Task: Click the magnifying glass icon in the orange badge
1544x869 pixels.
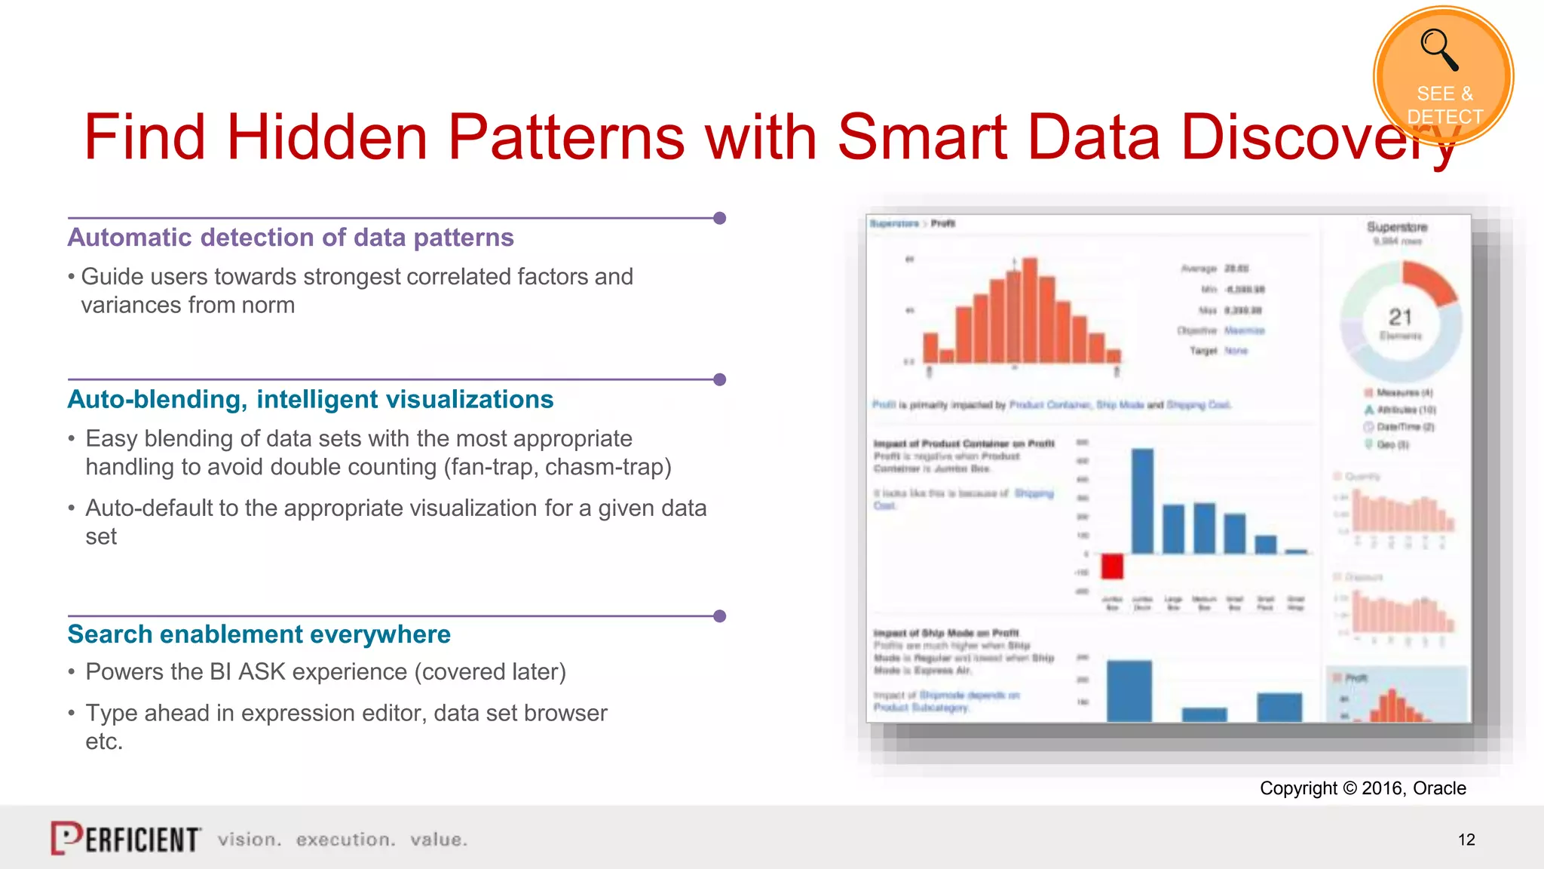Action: pos(1438,50)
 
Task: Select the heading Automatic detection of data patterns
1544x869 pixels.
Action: pos(290,238)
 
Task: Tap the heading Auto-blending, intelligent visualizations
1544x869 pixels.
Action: pos(310,399)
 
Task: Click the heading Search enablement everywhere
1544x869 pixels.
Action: pos(259,634)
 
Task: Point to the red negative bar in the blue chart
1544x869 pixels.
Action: pos(1112,566)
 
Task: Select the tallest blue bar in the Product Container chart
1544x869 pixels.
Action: pos(1142,501)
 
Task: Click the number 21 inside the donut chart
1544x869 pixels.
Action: pos(1400,317)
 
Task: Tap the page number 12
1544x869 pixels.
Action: pos(1466,840)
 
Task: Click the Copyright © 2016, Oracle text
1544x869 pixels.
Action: pos(1362,788)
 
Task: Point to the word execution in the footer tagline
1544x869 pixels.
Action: pos(345,840)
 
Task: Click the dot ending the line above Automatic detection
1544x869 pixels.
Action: pos(720,218)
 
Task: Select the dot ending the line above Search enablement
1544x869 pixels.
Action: pos(720,616)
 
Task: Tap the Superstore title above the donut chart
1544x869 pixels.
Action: pos(1396,227)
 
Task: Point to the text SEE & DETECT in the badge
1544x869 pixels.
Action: pos(1444,106)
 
